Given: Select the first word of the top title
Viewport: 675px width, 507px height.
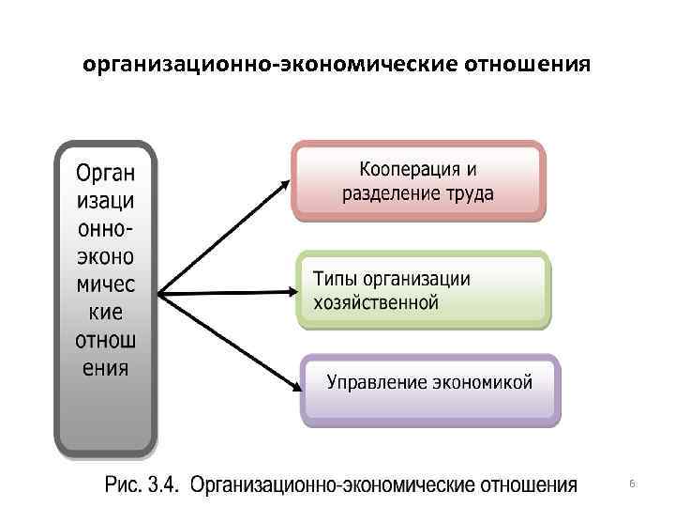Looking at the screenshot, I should point(187,65).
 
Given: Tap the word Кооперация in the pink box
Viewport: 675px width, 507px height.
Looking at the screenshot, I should point(410,170).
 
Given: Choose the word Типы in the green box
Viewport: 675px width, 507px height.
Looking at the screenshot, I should point(334,279).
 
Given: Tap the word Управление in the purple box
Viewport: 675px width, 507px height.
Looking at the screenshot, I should point(377,382).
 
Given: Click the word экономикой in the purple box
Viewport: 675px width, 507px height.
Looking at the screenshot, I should point(482,382).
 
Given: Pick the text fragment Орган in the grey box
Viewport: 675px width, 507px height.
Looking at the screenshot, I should point(104,175).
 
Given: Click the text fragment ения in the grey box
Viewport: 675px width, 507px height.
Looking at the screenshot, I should point(104,366).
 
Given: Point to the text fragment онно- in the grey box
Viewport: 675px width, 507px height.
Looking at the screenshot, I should point(104,229).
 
